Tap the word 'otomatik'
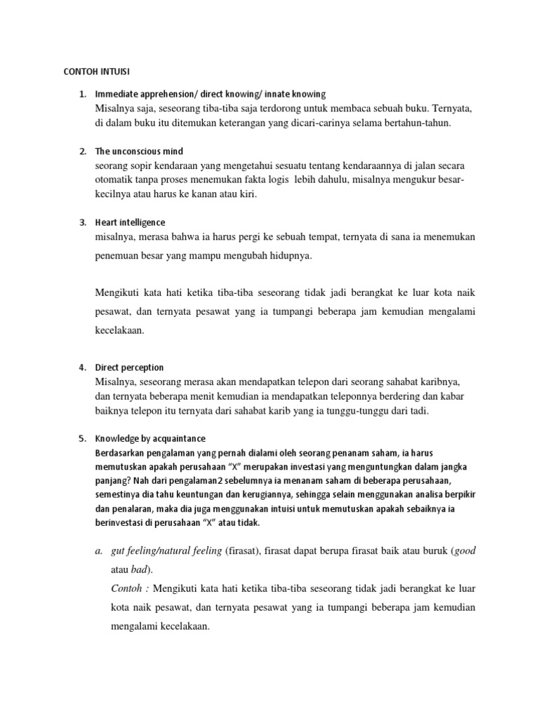pos(115,179)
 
